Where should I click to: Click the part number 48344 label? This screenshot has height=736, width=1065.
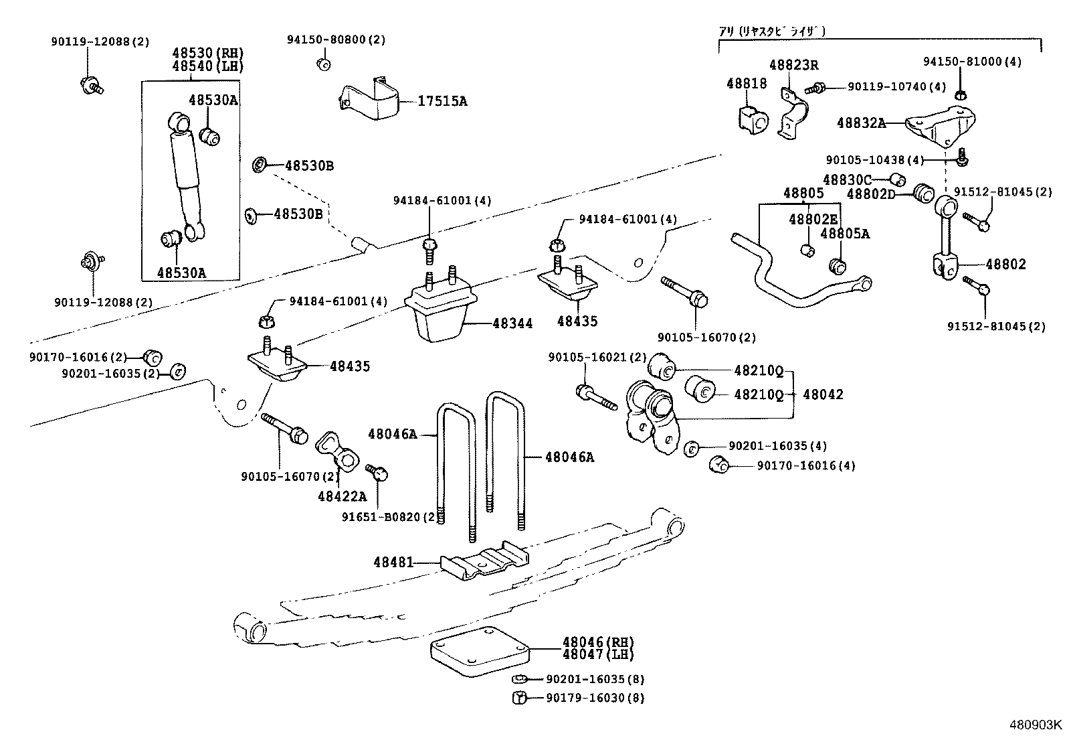click(x=512, y=323)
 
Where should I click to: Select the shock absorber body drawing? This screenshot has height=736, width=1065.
click(x=186, y=177)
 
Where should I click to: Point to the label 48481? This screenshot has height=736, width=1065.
click(x=393, y=563)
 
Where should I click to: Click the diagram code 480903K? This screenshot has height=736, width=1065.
click(x=1035, y=725)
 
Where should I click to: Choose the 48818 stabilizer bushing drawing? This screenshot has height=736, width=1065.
click(x=753, y=119)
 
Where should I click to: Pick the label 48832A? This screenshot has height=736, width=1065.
click(x=861, y=123)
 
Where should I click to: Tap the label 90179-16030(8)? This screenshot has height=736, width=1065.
click(x=595, y=698)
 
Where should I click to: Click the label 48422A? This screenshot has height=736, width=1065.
click(x=343, y=496)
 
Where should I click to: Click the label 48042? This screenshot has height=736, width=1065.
click(x=823, y=394)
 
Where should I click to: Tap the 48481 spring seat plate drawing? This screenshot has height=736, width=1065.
click(x=484, y=563)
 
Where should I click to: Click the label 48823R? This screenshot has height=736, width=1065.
click(x=793, y=65)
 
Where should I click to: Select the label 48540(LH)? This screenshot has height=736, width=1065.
click(x=207, y=66)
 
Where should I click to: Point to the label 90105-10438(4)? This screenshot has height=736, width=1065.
click(x=874, y=160)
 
